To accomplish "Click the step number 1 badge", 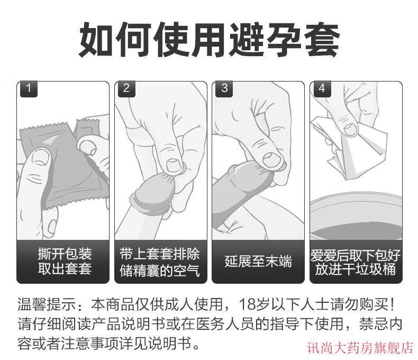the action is point(29,89).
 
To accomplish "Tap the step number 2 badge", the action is point(126,89).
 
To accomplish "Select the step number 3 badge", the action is point(224,89).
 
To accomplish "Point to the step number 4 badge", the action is point(322,89).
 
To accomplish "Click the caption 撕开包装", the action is point(65,254).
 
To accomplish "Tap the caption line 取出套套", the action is point(65,268).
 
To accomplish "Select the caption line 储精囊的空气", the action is point(159,271).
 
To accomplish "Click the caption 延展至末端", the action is point(258,261).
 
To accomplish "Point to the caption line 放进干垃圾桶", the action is point(356,269).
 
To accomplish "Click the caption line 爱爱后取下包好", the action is point(356,255).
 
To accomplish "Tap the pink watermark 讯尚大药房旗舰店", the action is point(360,348).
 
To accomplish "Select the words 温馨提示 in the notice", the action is point(47,304).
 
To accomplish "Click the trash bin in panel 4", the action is point(356,216).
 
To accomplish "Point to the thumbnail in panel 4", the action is point(351,129).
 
